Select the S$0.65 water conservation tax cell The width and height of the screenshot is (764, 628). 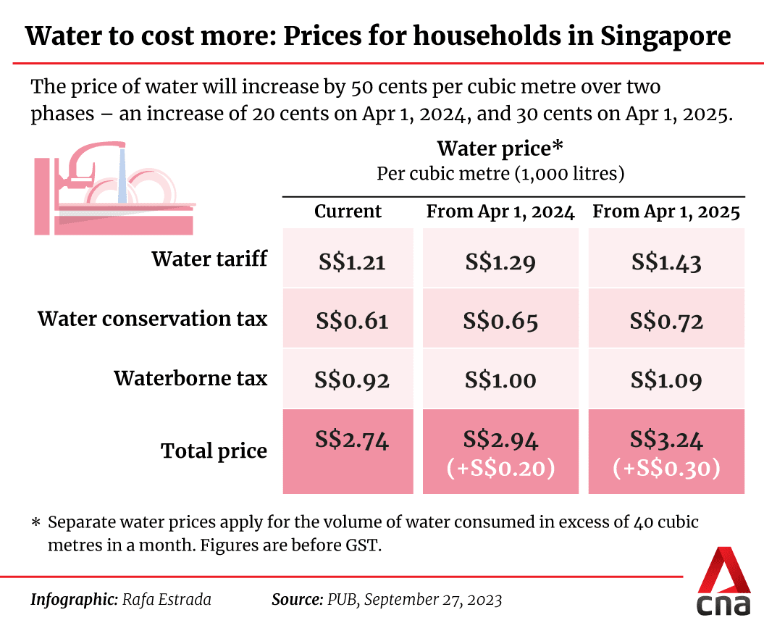click(x=501, y=321)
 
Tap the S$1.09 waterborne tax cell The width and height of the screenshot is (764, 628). click(x=666, y=380)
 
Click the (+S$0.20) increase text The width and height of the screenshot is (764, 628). click(x=501, y=469)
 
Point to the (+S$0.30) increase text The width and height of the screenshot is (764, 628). click(x=666, y=469)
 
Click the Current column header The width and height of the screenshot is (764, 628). click(x=348, y=212)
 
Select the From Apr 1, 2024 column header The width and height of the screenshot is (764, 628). click(x=500, y=212)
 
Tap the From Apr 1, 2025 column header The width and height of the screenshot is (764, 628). click(x=666, y=212)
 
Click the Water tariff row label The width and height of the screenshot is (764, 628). click(x=209, y=259)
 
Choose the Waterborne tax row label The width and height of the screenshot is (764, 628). click(x=190, y=378)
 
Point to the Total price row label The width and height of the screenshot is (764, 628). click(x=214, y=451)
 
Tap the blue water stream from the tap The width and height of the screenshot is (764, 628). click(x=122, y=177)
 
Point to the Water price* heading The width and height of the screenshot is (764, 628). click(x=500, y=149)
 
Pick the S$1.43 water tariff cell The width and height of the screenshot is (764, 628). click(x=666, y=261)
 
